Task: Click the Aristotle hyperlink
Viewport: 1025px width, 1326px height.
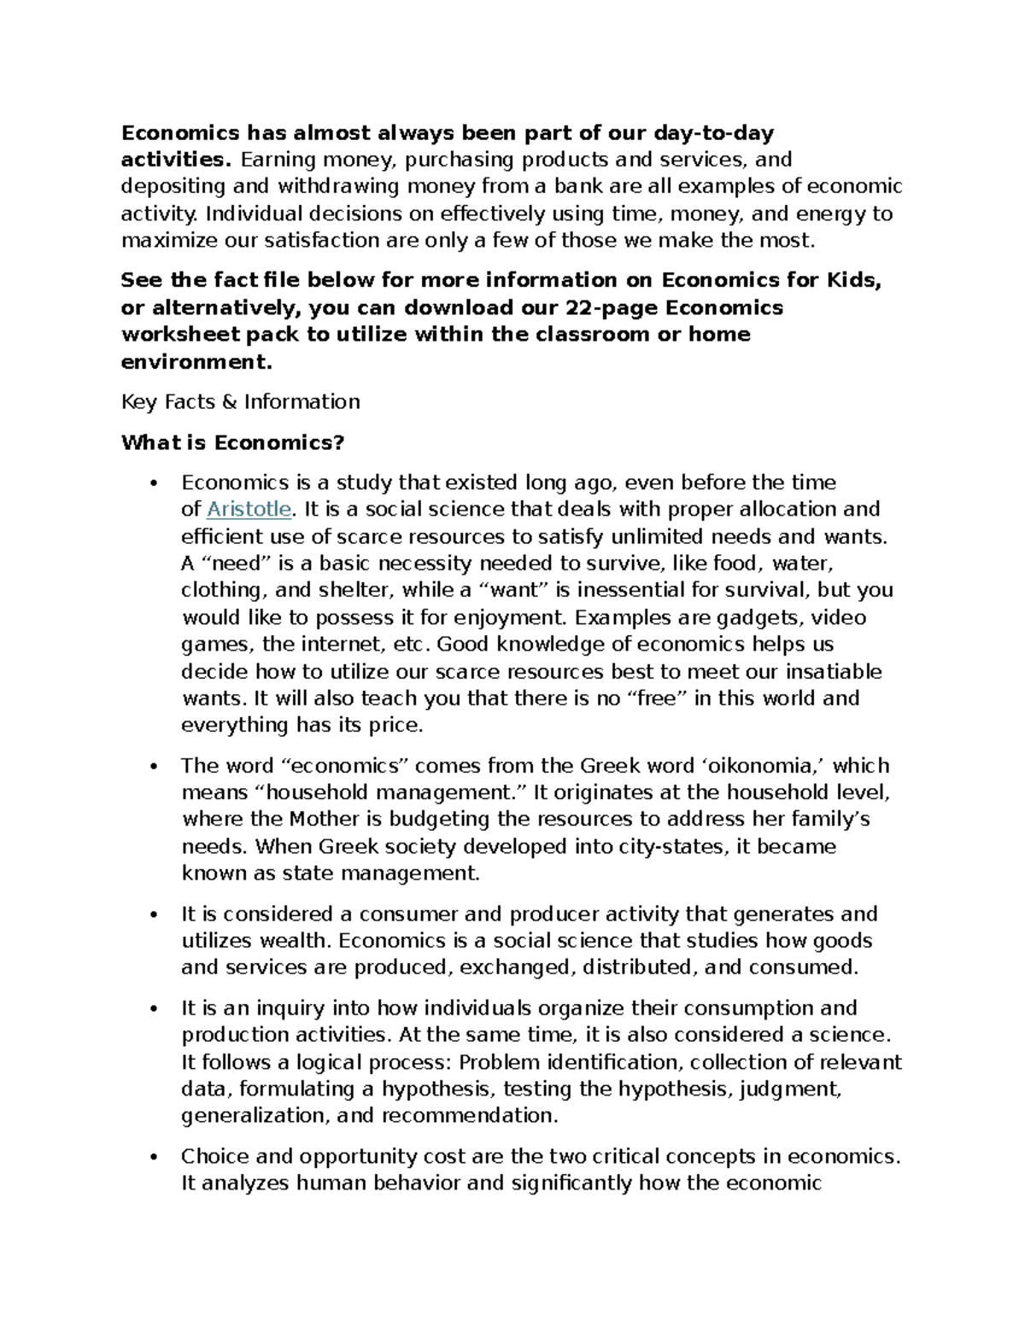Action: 249,510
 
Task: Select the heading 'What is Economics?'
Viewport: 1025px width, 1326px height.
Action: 232,442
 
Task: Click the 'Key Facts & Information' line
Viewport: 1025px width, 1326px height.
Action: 240,402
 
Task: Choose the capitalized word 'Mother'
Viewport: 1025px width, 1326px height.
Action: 325,820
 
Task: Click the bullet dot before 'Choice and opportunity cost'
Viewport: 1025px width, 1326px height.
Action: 154,1159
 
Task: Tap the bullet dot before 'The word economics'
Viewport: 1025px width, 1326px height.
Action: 154,768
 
